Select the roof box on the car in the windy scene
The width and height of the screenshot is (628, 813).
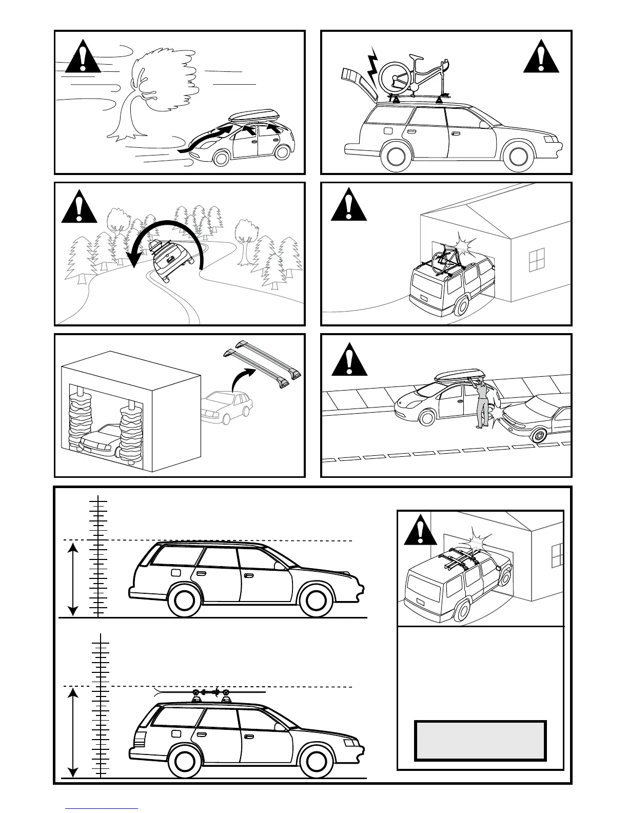254,117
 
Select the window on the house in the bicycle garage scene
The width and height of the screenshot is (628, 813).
537,259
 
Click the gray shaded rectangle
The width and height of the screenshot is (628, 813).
480,740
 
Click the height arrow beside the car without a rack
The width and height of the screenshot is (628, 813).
73,579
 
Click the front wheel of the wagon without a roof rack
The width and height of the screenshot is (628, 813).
313,600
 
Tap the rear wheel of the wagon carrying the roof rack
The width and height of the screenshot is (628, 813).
183,760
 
